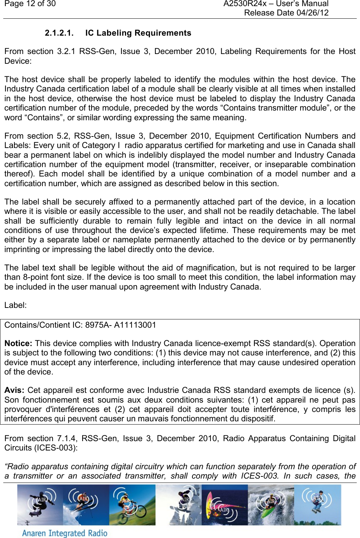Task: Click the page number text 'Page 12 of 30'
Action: point(30,4)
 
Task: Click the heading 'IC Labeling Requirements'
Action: point(138,33)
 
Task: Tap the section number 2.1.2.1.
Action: point(59,33)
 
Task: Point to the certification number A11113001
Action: point(135,325)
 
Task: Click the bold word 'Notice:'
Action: point(18,344)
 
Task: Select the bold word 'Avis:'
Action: point(14,390)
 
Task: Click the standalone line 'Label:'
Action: point(15,305)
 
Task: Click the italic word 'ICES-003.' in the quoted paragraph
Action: point(259,476)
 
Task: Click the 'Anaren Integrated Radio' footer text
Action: point(65,533)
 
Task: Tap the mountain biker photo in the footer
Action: point(132,505)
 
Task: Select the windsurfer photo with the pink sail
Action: point(225,505)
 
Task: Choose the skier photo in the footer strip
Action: point(86,505)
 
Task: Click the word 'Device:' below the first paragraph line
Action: point(18,61)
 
